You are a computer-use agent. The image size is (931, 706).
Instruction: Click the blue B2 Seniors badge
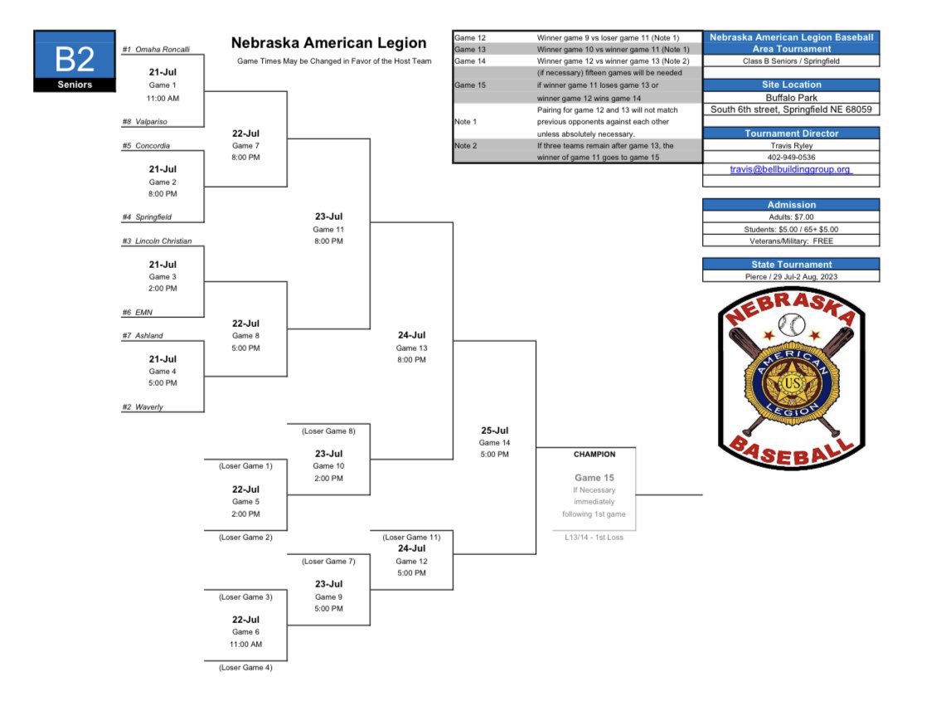pyautogui.click(x=75, y=61)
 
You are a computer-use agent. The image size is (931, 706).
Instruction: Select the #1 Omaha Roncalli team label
pyautogui.click(x=156, y=49)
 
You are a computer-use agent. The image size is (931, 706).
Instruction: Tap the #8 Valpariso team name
pyautogui.click(x=145, y=121)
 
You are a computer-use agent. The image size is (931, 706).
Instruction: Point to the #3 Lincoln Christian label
pyautogui.click(x=157, y=241)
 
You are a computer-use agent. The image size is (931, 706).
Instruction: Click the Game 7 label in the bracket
pyautogui.click(x=245, y=145)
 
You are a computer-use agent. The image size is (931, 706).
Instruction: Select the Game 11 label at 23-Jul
pyautogui.click(x=328, y=229)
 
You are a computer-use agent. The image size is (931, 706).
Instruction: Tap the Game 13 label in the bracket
pyautogui.click(x=411, y=348)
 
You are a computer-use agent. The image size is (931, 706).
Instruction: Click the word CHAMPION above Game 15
pyautogui.click(x=594, y=455)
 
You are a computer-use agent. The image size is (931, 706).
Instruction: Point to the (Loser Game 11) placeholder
pyautogui.click(x=411, y=538)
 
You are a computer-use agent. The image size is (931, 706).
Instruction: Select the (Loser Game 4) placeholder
pyautogui.click(x=245, y=667)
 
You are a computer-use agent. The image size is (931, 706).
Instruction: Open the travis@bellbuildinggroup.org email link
pyautogui.click(x=790, y=169)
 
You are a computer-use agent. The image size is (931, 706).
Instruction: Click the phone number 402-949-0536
pyautogui.click(x=791, y=157)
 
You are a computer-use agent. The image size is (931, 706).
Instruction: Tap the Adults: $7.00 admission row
pyautogui.click(x=791, y=217)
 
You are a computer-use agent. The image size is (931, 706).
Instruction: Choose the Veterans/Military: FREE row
pyautogui.click(x=791, y=241)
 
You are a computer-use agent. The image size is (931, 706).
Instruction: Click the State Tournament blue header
pyautogui.click(x=791, y=265)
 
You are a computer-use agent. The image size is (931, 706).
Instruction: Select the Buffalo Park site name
pyautogui.click(x=791, y=97)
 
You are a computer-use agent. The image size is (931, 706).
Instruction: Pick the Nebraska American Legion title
pyautogui.click(x=328, y=43)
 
